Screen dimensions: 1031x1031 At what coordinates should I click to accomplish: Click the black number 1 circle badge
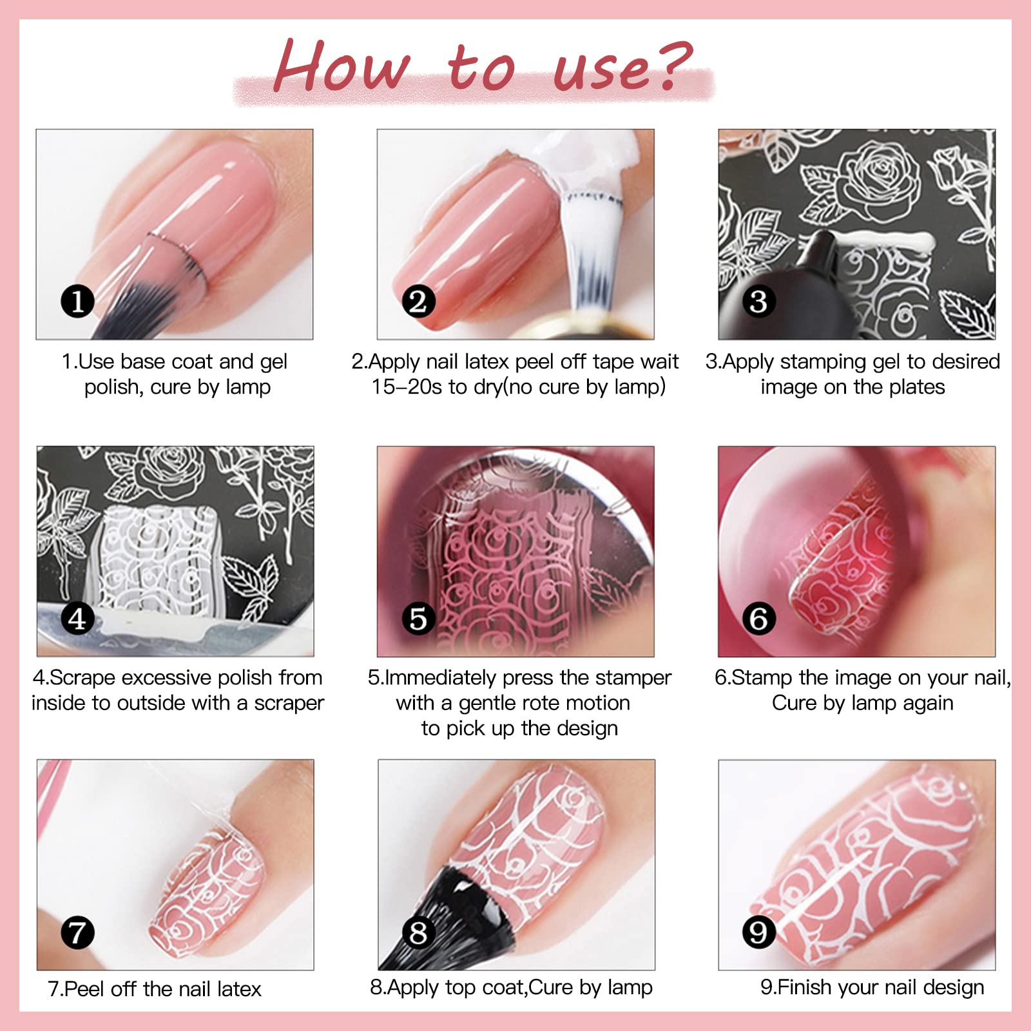coord(77,302)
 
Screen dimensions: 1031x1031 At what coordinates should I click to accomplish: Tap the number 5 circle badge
coord(418,619)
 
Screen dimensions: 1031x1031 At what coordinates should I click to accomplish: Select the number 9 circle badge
coord(758,932)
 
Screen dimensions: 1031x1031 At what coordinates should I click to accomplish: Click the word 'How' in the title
coord(342,66)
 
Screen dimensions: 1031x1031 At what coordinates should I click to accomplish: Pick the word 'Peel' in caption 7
coord(84,989)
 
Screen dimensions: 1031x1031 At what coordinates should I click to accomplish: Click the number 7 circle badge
coord(77,932)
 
